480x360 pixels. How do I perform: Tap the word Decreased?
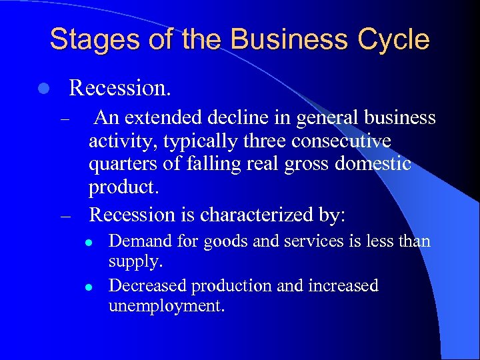pyautogui.click(x=147, y=286)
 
